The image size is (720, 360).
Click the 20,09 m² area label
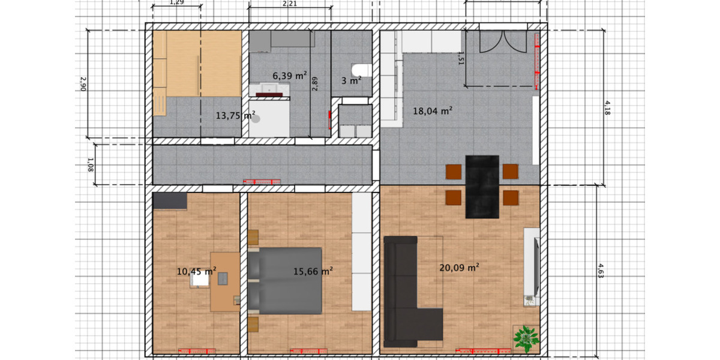(x=459, y=268)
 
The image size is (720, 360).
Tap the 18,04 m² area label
(x=432, y=110)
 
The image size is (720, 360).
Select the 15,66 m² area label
(x=313, y=271)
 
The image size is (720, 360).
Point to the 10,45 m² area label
(x=196, y=271)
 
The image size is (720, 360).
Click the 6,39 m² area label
(x=290, y=76)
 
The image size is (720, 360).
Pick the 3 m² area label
(x=351, y=80)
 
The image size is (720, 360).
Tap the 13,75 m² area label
(x=235, y=115)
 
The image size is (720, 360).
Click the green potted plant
(x=526, y=338)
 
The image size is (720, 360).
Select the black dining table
(x=482, y=187)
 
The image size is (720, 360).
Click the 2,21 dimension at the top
(x=289, y=4)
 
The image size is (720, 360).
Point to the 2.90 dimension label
(x=83, y=83)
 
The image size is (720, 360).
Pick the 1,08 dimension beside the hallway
(x=90, y=163)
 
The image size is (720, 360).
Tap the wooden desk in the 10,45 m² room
(x=223, y=281)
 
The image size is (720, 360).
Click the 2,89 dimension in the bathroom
(x=314, y=83)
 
